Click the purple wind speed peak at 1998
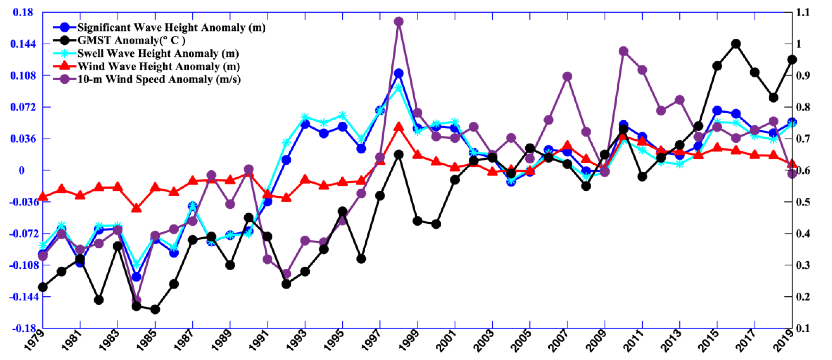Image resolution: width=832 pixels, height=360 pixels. coord(399,22)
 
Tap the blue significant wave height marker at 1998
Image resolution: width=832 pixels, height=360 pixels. coord(399,73)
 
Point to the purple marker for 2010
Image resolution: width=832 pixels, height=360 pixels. coord(623,51)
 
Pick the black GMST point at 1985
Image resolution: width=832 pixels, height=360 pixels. coord(155,309)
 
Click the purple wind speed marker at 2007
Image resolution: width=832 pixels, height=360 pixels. coord(567,77)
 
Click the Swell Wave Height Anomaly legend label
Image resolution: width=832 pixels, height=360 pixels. coord(158,53)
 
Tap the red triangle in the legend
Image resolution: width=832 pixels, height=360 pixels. coord(65,66)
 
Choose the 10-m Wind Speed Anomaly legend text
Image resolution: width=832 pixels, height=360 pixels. coord(159,79)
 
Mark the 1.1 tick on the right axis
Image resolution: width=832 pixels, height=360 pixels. coord(803,12)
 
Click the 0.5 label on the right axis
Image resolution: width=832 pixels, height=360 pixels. coord(803,202)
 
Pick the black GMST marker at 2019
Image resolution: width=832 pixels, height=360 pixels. coord(792,60)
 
